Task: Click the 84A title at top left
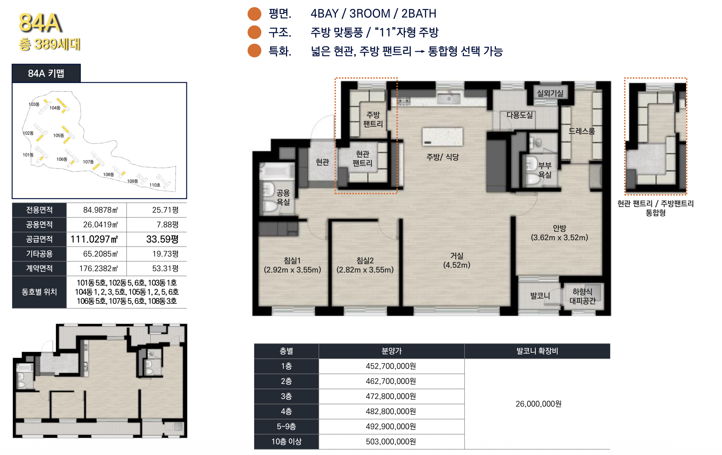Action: point(40,23)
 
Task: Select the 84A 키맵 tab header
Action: point(46,73)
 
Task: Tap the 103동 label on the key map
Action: point(34,104)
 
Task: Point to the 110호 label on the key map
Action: point(155,185)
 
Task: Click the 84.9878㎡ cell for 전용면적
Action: point(100,210)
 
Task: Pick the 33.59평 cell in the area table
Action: point(162,239)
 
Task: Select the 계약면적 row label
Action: point(39,268)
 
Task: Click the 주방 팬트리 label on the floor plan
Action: point(373,119)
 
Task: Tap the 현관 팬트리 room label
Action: point(363,159)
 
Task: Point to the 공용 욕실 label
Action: point(283,197)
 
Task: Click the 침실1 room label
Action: point(292,261)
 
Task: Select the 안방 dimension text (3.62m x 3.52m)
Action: point(559,238)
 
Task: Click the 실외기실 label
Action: point(550,93)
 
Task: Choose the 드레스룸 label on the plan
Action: point(582,131)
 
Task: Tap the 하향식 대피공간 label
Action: point(582,296)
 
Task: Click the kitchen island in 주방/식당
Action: point(442,137)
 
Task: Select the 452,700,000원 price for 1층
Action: point(391,366)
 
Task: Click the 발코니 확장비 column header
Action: point(537,351)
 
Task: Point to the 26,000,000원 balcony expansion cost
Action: point(539,404)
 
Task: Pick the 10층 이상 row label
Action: point(286,442)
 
